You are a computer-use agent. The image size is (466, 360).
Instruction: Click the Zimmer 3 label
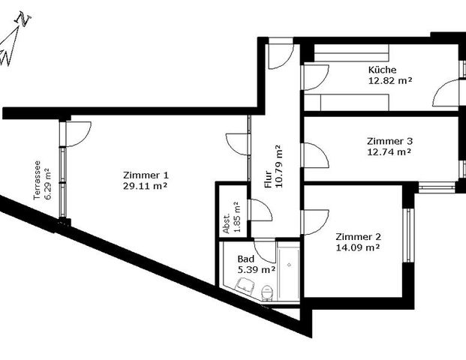[x=389, y=140]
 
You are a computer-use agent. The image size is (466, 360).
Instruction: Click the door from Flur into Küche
[x=315, y=77]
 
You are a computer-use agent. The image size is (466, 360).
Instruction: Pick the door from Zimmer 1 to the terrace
[x=77, y=133]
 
